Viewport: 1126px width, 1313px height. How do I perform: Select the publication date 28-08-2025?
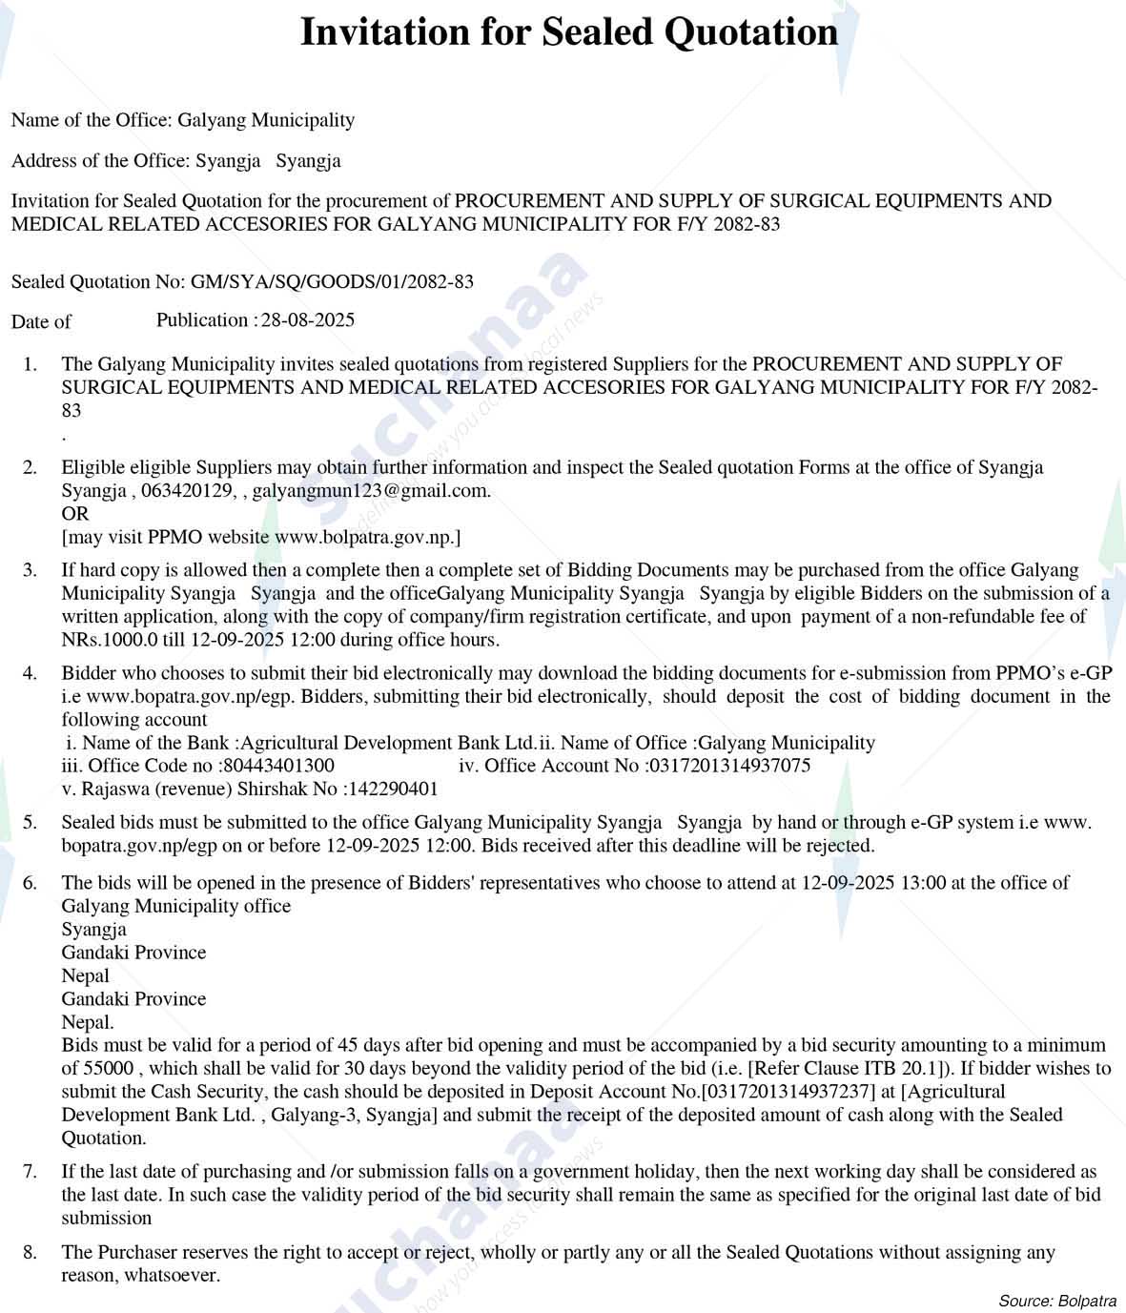(x=308, y=320)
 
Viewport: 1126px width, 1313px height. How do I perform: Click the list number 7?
(x=31, y=1172)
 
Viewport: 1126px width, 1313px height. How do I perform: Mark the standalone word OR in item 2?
(x=75, y=514)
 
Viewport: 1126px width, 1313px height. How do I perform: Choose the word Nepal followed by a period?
(x=88, y=1022)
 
